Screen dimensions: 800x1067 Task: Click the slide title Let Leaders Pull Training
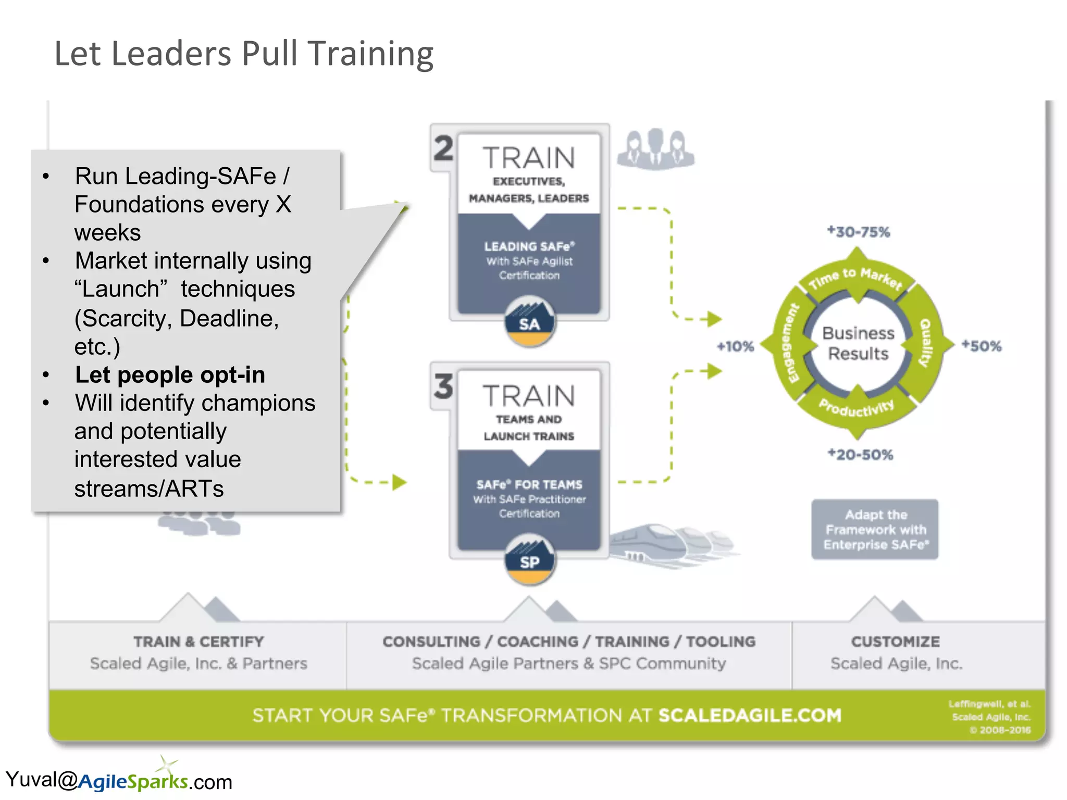click(244, 54)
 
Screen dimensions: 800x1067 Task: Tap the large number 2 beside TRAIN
click(443, 149)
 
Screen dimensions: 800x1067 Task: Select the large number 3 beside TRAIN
click(443, 387)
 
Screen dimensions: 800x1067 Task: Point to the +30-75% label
click(859, 232)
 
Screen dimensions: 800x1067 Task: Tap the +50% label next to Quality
click(982, 346)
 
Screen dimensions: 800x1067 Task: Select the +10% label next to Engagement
click(735, 346)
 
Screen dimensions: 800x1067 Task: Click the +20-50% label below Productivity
click(861, 455)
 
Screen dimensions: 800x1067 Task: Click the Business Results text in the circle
click(858, 343)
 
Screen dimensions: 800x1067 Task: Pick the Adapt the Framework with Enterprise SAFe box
click(875, 529)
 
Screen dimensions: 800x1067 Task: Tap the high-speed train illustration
click(672, 544)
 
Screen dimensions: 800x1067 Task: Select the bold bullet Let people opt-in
click(170, 375)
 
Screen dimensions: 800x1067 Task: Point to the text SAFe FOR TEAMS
click(529, 484)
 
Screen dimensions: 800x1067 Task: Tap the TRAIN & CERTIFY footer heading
click(198, 642)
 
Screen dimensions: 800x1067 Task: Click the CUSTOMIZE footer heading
click(895, 642)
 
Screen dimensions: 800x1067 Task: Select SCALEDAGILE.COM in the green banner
click(750, 716)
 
